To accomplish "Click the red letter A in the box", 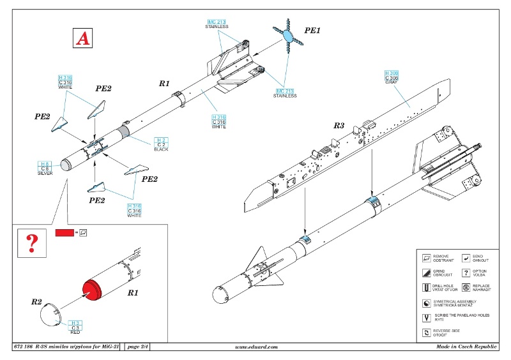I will (82, 38).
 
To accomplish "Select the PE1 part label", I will (312, 31).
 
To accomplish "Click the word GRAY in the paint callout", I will (392, 82).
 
